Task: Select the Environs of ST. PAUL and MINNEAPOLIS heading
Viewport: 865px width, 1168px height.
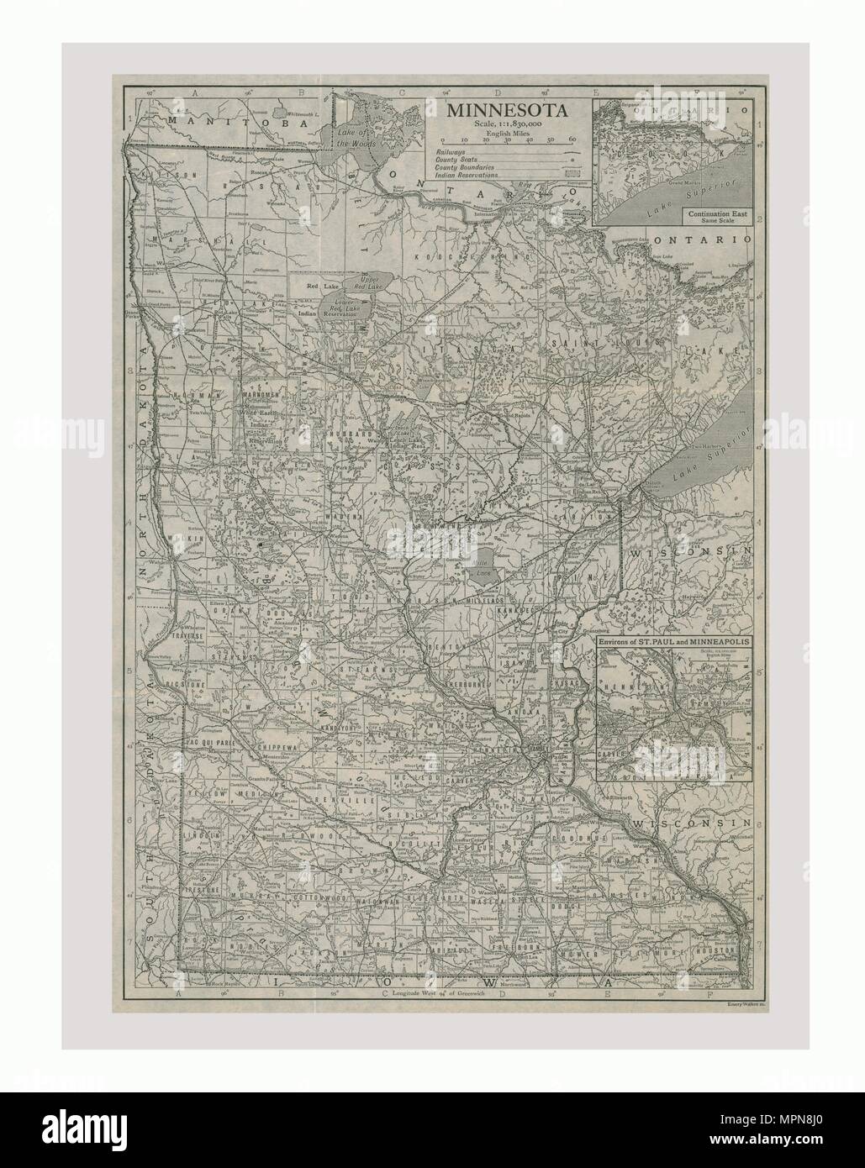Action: coord(675,643)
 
